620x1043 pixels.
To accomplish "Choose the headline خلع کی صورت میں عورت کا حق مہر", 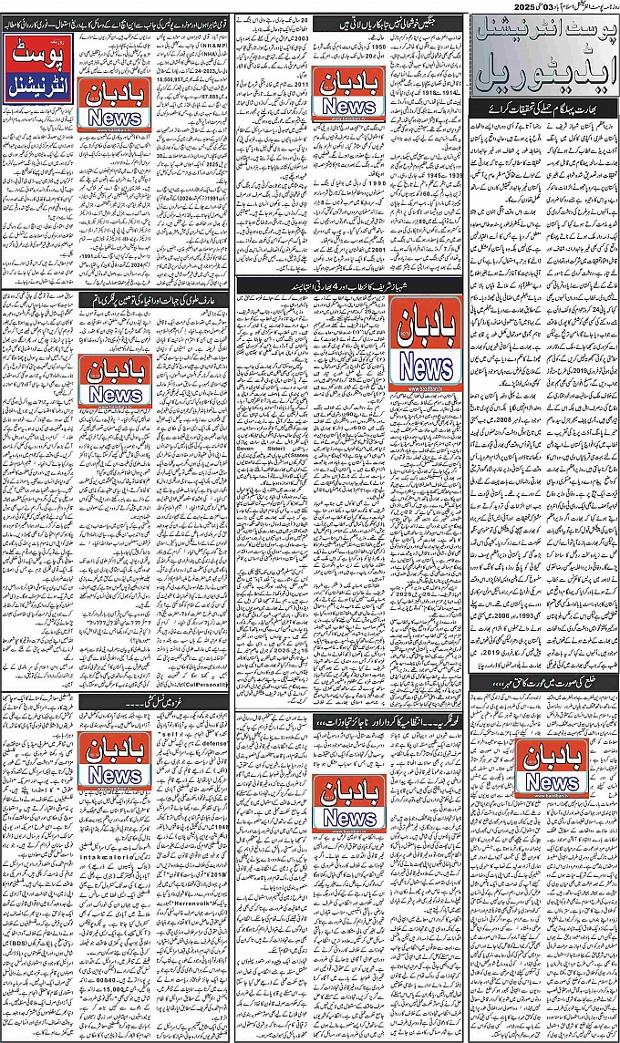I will click(540, 684).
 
